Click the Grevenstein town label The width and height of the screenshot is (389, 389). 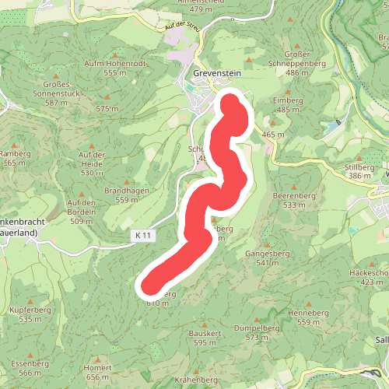tap(218, 74)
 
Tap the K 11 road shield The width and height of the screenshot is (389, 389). tap(142, 234)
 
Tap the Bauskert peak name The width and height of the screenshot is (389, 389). tap(205, 333)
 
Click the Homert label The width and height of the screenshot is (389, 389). tap(98, 367)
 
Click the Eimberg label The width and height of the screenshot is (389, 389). tap(287, 100)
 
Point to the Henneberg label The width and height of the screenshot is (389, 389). tap(303, 313)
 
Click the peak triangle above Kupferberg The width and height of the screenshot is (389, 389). tap(30, 300)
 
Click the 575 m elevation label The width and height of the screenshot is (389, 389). tap(107, 109)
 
